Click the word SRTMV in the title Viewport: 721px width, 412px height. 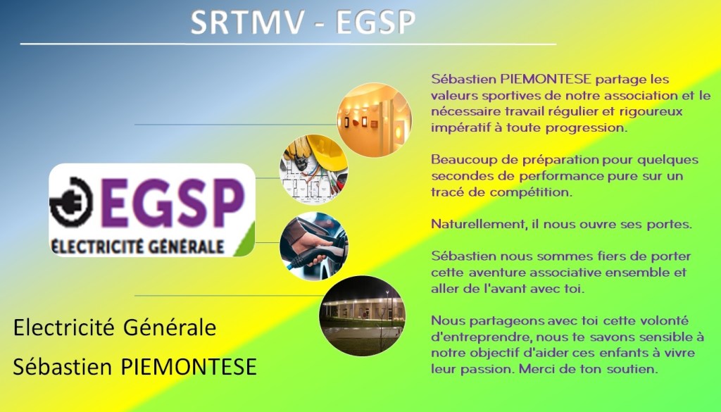point(248,22)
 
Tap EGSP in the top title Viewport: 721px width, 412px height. point(376,22)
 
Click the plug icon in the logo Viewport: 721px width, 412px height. point(71,201)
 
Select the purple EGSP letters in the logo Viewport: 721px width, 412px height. point(172,203)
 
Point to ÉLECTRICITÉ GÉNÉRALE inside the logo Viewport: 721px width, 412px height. point(137,246)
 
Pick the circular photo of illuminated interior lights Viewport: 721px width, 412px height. point(375,120)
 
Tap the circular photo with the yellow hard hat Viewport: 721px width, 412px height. point(314,168)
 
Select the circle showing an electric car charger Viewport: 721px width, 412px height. point(313,246)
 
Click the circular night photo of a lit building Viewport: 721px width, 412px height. point(363,316)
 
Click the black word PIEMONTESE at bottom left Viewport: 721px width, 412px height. point(189,367)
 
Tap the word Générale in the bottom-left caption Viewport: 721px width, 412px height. point(170,328)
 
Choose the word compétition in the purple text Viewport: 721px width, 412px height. point(531,193)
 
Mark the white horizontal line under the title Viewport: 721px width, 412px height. point(288,44)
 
